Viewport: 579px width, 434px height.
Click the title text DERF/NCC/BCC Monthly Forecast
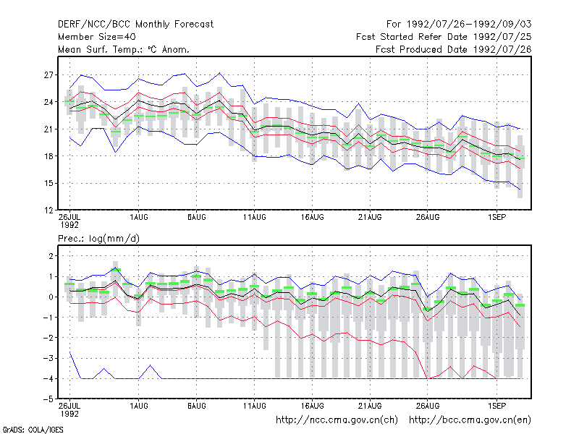click(x=135, y=25)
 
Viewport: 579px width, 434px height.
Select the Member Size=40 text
click(x=97, y=37)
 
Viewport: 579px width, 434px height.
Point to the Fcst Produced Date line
click(x=454, y=49)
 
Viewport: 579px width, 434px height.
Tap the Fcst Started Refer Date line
click(x=444, y=37)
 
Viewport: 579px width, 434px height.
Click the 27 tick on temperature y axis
click(x=48, y=75)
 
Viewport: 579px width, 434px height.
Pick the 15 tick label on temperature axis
click(x=48, y=184)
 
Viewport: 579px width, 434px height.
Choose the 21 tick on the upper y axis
click(x=48, y=129)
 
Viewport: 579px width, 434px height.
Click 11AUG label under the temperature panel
click(x=255, y=218)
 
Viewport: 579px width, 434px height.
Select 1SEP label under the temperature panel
click(x=496, y=218)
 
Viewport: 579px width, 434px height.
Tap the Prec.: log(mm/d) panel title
click(x=98, y=239)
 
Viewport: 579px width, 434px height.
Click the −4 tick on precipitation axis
click(x=48, y=379)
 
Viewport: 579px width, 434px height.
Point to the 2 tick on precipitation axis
click(x=51, y=256)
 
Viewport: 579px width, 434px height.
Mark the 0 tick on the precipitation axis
click(x=51, y=297)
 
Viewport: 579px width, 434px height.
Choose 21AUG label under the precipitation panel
click(x=370, y=406)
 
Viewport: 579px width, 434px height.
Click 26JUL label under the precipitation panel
click(x=69, y=406)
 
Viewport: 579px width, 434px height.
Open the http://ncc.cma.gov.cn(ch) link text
click(x=337, y=420)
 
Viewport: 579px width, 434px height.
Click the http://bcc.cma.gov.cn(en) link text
click(x=470, y=420)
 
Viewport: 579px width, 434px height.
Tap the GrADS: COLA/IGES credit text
click(x=33, y=430)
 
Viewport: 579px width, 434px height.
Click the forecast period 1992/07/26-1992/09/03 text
click(x=469, y=25)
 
